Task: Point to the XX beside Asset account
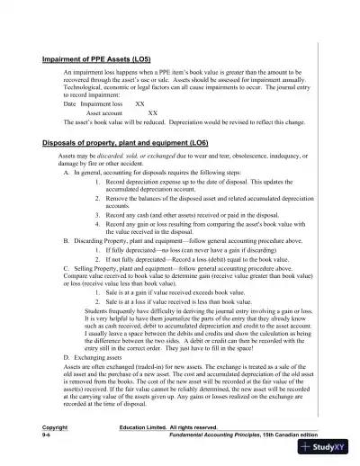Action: click(152, 113)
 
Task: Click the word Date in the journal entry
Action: click(70, 104)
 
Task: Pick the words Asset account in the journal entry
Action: click(104, 113)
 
